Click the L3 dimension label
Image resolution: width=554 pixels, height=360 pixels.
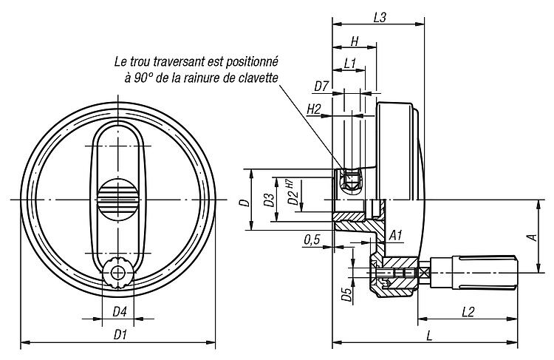coord(380,17)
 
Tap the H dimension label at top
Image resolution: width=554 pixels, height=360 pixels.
coord(355,41)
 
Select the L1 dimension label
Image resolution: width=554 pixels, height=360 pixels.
coord(350,64)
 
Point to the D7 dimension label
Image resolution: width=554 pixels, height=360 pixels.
coord(321,86)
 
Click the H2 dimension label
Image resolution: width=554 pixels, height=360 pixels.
coord(313,109)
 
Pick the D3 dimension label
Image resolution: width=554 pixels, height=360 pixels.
coord(269,200)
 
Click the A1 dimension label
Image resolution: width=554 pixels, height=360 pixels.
coord(396,235)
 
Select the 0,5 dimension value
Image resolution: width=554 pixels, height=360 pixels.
coord(312,240)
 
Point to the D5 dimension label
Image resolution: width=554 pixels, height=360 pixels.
coord(348,294)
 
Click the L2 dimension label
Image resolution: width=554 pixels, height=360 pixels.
coord(468,312)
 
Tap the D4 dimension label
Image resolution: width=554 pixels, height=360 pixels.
coord(120,312)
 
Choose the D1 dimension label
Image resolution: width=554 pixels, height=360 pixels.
coord(120,335)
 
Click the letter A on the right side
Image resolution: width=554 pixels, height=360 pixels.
coord(533,237)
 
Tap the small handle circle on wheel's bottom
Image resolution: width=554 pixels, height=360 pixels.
coord(117,273)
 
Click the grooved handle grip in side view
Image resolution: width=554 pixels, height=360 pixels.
coord(484,273)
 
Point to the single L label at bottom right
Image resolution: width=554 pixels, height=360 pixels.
coord(429,336)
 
